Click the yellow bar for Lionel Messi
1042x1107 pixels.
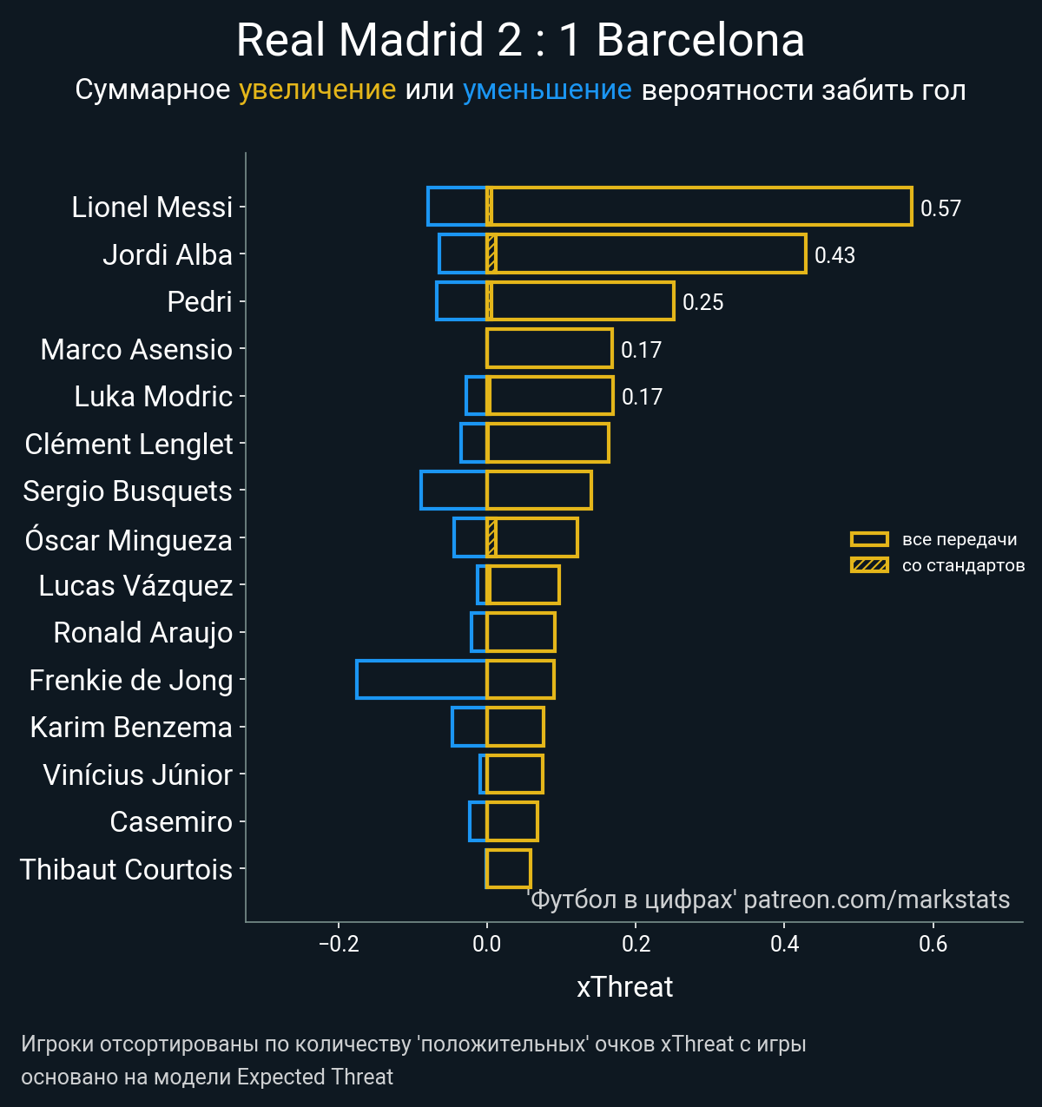click(x=699, y=207)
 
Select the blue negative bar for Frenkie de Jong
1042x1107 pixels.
click(x=421, y=680)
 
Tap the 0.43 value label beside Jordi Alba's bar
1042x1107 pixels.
click(x=834, y=255)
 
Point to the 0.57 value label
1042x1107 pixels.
click(x=940, y=208)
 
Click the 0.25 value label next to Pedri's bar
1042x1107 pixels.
click(x=702, y=302)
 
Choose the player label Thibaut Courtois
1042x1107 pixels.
click(x=127, y=869)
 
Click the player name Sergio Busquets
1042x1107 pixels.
click(x=128, y=491)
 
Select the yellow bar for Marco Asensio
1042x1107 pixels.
click(x=549, y=348)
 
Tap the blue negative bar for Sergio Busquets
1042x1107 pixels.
click(x=453, y=491)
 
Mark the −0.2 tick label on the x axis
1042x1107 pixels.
click(x=339, y=944)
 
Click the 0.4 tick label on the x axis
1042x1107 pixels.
click(x=784, y=944)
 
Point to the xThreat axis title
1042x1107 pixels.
click(x=624, y=987)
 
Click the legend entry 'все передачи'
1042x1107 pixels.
click(x=959, y=539)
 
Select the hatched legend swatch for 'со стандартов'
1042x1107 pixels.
click(x=869, y=566)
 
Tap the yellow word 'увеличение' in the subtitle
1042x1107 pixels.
click(x=317, y=89)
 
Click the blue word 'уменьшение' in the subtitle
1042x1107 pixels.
click(x=547, y=89)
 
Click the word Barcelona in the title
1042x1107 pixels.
click(x=700, y=40)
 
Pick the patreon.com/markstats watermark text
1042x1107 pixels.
click(x=876, y=899)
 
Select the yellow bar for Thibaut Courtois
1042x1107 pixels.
click(x=508, y=868)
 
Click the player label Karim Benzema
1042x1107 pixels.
click(x=131, y=728)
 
